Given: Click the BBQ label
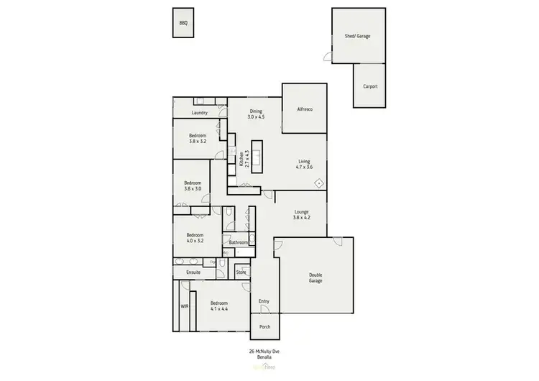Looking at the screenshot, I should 183,23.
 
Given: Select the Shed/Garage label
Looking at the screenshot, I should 357,35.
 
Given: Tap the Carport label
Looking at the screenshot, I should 369,86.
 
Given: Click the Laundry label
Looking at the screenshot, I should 200,113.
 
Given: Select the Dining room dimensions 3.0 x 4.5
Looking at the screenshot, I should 257,116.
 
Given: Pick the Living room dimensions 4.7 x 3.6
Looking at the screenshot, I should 304,167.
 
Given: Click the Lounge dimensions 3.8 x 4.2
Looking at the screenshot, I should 302,216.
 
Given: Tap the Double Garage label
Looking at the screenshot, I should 315,277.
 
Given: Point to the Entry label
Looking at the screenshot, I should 264,300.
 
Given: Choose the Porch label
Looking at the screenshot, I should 265,326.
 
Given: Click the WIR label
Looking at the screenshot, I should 184,306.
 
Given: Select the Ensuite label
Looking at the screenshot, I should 193,273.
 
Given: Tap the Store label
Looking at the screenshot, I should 241,272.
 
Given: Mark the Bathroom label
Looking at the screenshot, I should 239,243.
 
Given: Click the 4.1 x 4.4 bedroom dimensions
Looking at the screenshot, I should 218,309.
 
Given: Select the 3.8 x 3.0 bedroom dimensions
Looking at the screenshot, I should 192,188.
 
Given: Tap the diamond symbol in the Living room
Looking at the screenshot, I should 318,183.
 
